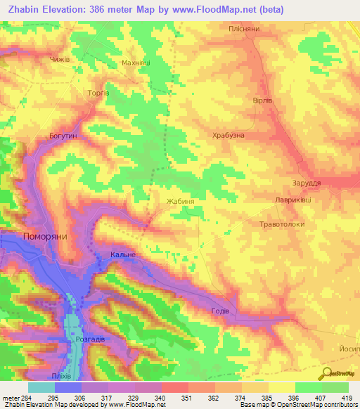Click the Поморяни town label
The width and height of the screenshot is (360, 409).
coord(45,237)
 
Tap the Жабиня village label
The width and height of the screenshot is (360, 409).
coord(180,201)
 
